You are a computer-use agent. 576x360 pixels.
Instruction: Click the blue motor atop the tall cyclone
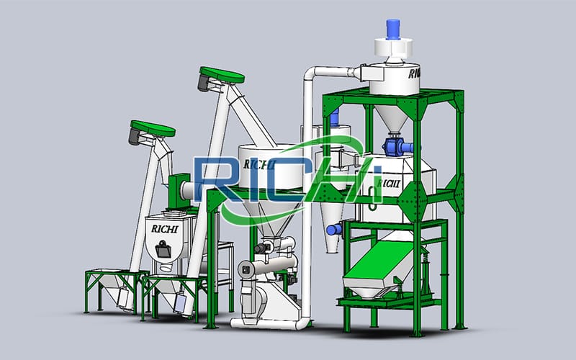click(x=392, y=29)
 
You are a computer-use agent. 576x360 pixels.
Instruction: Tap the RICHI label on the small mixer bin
click(x=165, y=229)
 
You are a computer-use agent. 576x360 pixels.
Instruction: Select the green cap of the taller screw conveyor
click(x=222, y=75)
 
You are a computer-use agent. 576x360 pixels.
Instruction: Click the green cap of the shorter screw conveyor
click(x=153, y=128)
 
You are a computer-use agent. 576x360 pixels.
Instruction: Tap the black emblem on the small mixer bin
click(x=163, y=249)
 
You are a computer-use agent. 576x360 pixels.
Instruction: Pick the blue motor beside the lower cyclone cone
click(x=334, y=230)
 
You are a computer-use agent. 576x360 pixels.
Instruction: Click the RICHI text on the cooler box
click(x=389, y=184)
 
